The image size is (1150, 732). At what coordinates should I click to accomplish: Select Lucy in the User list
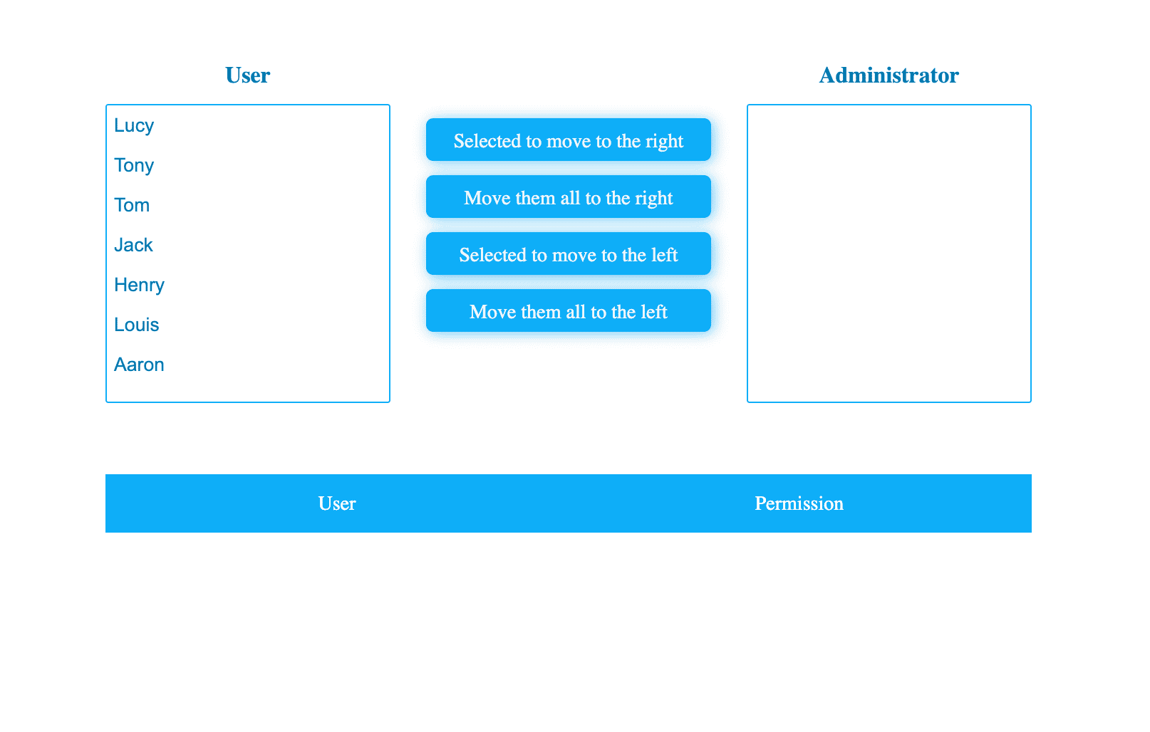tap(134, 125)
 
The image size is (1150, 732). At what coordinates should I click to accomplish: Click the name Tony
tap(134, 166)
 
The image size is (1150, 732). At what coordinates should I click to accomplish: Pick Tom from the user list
tap(132, 205)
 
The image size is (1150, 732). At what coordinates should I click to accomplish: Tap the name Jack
tap(133, 245)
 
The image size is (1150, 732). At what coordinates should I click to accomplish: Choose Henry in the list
tap(139, 286)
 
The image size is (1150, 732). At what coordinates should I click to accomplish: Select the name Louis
tap(137, 325)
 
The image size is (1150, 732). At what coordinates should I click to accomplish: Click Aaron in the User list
tap(139, 365)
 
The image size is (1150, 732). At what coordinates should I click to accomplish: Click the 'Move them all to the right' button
tap(569, 197)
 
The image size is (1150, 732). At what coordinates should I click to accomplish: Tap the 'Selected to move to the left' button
tap(569, 254)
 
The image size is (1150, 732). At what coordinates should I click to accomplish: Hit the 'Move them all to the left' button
tap(569, 311)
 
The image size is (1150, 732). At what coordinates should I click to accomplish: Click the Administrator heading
tap(889, 75)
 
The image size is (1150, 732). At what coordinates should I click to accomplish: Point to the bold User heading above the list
tap(247, 75)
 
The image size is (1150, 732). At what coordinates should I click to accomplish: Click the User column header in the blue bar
tap(337, 503)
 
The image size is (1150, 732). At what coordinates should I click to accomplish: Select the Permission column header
tap(799, 503)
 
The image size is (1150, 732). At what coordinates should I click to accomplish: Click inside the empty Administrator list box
tap(889, 253)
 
